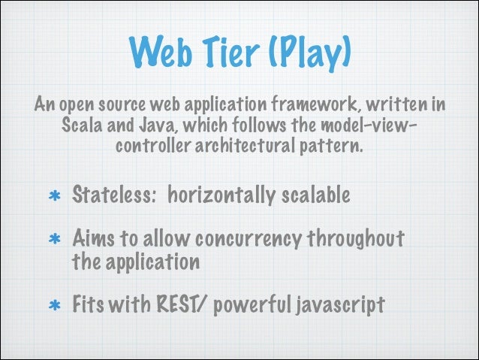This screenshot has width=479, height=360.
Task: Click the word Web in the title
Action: tap(160, 50)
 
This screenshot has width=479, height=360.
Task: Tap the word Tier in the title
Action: tap(225, 50)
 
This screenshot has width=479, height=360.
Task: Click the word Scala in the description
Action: tap(81, 123)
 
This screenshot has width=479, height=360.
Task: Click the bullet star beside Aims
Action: tap(53, 241)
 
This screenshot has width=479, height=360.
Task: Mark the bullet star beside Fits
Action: tap(53, 307)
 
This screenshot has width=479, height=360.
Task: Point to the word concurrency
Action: tap(247, 240)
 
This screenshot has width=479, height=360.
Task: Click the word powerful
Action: tap(246, 306)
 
